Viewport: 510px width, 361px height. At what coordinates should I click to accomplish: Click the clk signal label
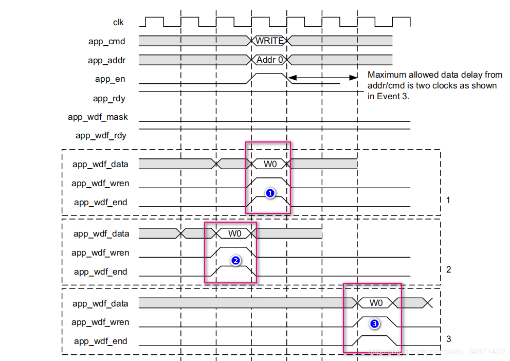coord(118,22)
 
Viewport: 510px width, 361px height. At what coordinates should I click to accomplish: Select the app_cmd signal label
coord(106,41)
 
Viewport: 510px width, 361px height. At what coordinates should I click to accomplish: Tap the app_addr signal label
coord(106,60)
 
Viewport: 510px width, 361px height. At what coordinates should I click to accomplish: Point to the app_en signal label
coord(110,79)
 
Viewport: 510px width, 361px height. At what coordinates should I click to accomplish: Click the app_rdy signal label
coord(109,98)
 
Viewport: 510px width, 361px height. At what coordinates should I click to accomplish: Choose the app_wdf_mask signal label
coord(98,117)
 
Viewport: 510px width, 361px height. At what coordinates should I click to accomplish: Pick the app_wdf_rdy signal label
coord(101,136)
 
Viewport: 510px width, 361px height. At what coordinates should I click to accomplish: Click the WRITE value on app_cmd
coord(269,41)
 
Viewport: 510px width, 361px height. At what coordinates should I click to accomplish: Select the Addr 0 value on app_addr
coord(269,60)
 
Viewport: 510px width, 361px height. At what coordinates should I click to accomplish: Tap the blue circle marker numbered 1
coord(270,193)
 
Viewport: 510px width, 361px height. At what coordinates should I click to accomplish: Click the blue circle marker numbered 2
coord(235,261)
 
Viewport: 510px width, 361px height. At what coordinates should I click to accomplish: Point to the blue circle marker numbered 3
coord(375,324)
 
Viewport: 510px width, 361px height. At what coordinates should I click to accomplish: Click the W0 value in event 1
coord(270,164)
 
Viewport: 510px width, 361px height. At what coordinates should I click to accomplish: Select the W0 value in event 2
coord(235,233)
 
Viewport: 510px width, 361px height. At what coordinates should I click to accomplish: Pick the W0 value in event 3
coord(376,303)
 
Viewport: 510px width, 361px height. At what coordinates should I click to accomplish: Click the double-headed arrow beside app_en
coord(322,78)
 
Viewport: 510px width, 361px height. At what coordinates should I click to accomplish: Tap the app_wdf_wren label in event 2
coord(100,252)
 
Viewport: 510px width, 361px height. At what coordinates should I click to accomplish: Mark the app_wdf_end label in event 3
coord(100,341)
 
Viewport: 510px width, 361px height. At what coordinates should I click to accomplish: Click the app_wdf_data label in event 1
coord(101,165)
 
